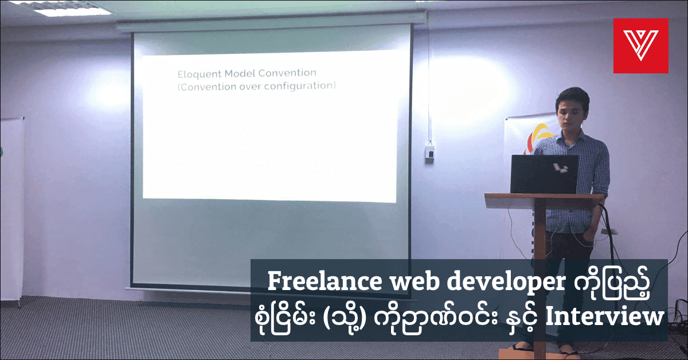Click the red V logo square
(640, 46)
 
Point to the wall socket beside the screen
(429, 151)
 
